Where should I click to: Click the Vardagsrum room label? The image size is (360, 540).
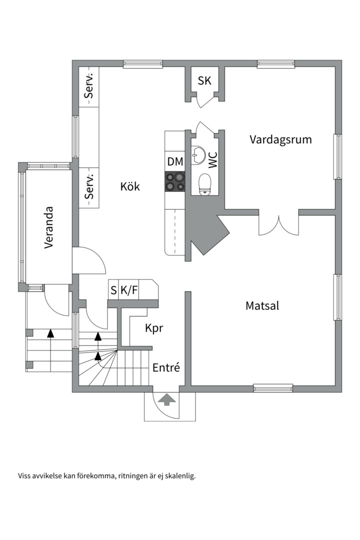280,140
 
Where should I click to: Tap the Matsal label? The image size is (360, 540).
262,305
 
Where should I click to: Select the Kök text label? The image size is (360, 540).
130,186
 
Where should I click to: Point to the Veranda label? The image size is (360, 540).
49,227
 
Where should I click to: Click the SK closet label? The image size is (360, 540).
204,80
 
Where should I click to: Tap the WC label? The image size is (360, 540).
213,160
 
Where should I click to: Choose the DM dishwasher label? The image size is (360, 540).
175,161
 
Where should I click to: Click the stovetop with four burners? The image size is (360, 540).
175,181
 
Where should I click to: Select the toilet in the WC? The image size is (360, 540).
205,184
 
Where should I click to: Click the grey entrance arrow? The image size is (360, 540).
166,399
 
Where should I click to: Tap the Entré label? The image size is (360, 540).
166,367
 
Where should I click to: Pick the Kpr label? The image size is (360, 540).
153,328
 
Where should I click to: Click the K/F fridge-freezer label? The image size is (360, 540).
129,290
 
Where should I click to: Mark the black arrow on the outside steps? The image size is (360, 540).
50,333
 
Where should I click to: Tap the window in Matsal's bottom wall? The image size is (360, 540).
273,388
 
